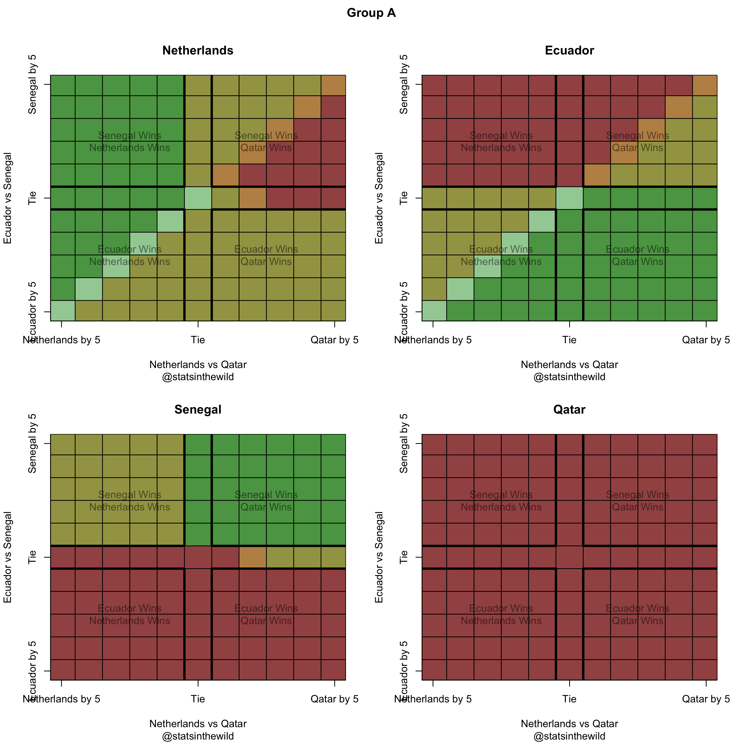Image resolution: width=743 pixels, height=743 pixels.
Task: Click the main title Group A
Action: (371, 13)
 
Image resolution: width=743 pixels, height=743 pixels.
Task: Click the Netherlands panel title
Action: (198, 50)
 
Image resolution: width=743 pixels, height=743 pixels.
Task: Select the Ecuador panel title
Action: (569, 50)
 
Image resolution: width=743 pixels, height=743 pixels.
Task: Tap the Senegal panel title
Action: (198, 410)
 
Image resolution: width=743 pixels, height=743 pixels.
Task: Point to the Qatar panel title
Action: (569, 410)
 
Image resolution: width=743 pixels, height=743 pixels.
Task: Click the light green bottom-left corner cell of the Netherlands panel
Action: (63, 310)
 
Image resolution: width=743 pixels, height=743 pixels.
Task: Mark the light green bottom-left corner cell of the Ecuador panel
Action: (434, 310)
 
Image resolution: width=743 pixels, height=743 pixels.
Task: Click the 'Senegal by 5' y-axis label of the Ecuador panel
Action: (403, 84)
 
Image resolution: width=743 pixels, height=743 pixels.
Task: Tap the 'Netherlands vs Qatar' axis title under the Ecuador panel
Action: (569, 365)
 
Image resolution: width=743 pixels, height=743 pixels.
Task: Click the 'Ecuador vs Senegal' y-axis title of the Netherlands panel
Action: (8, 198)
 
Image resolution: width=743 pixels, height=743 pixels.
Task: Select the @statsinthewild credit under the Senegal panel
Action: (198, 736)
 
